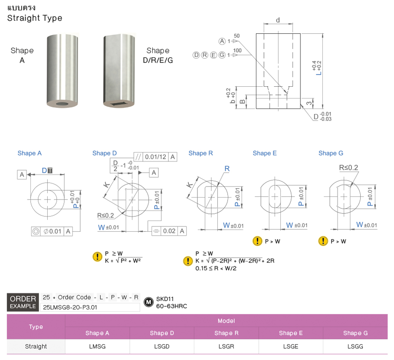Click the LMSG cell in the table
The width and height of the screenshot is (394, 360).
(x=97, y=347)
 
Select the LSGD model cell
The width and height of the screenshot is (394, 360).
(x=162, y=347)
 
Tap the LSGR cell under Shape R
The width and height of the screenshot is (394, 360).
(x=226, y=347)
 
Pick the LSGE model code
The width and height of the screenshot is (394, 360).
(x=291, y=347)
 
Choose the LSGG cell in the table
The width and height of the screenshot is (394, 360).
(x=355, y=347)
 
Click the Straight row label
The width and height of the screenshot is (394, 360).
(x=36, y=347)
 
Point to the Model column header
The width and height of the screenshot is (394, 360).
(x=226, y=321)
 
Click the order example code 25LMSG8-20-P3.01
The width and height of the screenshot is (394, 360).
(x=70, y=307)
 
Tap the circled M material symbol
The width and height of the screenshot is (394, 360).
(x=148, y=302)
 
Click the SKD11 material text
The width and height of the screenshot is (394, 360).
(x=165, y=299)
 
